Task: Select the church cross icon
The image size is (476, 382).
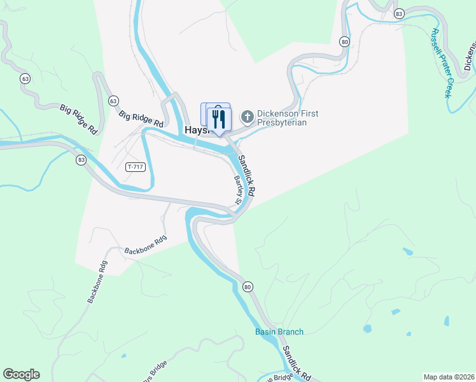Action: tap(247, 117)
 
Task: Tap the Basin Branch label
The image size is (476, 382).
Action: tap(279, 332)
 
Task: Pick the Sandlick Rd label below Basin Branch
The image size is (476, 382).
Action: tap(297, 364)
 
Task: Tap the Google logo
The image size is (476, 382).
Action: tap(21, 374)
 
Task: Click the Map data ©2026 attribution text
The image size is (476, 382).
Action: tap(449, 377)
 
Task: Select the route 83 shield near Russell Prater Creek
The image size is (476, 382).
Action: tap(399, 13)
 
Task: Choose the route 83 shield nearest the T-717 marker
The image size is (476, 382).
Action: tap(81, 159)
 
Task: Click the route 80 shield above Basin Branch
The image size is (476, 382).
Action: tap(248, 287)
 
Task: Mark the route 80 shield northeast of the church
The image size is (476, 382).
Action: tap(344, 42)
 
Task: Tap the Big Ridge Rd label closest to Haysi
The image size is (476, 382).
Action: tap(141, 118)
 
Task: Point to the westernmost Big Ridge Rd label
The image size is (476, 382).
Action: tap(79, 119)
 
